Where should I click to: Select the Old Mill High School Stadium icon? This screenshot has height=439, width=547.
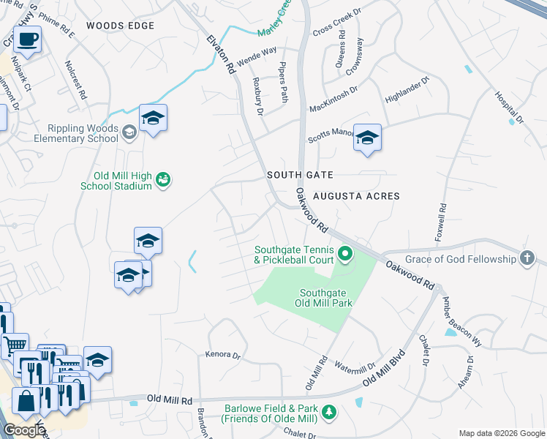164,179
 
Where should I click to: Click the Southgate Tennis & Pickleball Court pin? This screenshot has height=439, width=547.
345,255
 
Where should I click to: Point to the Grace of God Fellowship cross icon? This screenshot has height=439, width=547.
526,258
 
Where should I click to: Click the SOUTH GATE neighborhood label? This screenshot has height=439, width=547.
300,175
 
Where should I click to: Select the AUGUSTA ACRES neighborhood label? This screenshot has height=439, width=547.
356,196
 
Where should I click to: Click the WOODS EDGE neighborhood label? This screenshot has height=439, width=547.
120,26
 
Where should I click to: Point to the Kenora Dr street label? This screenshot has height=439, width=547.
225,354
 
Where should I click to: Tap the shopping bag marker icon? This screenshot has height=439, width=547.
26,402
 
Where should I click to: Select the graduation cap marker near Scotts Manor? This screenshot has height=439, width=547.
367,138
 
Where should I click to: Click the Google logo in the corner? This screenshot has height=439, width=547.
23,430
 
